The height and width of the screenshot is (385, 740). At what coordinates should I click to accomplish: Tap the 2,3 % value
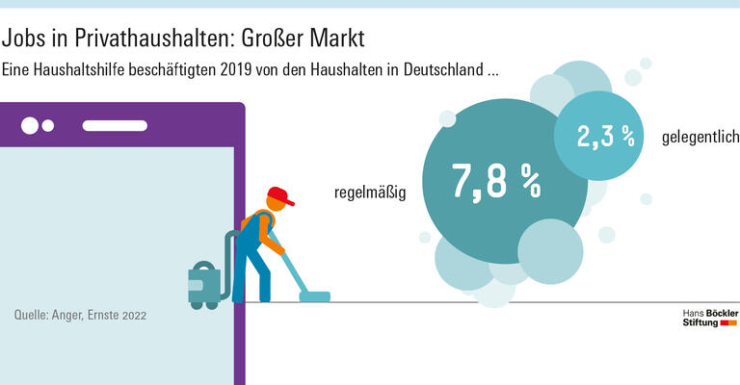click(x=606, y=137)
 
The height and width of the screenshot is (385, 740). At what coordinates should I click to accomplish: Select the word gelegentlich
click(x=700, y=138)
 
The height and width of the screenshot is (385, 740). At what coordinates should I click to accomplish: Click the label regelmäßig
click(x=370, y=192)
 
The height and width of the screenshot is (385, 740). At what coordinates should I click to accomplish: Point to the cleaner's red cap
click(x=280, y=196)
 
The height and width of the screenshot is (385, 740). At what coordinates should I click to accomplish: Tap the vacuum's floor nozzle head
click(x=314, y=296)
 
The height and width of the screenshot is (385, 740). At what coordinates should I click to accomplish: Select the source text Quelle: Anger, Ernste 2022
click(x=81, y=315)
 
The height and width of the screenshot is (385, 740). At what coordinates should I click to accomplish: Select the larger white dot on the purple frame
click(x=30, y=125)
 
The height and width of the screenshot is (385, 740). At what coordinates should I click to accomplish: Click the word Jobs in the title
click(x=21, y=39)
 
